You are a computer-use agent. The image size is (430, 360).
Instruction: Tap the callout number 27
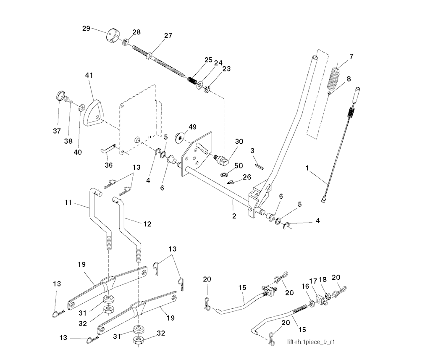coord(168,36)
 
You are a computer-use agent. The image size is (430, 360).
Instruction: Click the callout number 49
coord(192,126)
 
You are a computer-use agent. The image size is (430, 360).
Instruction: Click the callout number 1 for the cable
coord(307,168)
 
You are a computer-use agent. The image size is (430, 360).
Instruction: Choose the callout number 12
coord(147,224)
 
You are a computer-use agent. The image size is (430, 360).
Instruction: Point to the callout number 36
coord(108,165)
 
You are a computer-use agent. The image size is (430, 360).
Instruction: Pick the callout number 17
coord(313,281)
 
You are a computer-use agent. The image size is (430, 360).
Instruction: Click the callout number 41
coord(89,75)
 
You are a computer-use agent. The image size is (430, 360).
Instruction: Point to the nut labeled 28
coord(125,42)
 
